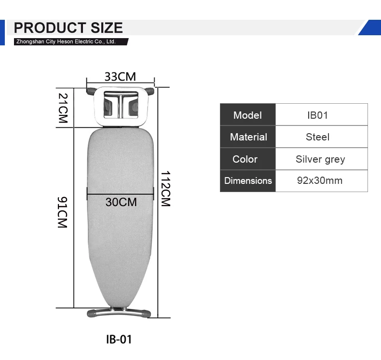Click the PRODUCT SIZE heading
pyautogui.click(x=68, y=28)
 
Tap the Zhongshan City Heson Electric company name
pyautogui.click(x=66, y=42)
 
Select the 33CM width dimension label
pyautogui.click(x=120, y=77)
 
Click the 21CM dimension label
pyautogui.click(x=63, y=108)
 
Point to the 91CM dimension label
pyautogui.click(x=62, y=212)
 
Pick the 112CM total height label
pyautogui.click(x=166, y=189)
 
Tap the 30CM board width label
pyautogui.click(x=121, y=202)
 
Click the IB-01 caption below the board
pyautogui.click(x=119, y=339)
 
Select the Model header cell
pyautogui.click(x=247, y=114)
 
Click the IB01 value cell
pyautogui.click(x=322, y=114)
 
